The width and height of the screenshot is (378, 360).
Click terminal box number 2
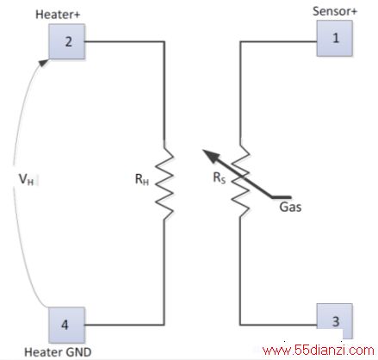click(x=67, y=41)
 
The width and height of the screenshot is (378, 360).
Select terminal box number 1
click(x=335, y=38)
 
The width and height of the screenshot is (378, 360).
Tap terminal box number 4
click(x=67, y=325)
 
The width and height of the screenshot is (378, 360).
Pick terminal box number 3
click(x=335, y=321)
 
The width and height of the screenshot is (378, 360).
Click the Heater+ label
click(x=58, y=15)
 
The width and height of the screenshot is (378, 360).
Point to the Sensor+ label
click(x=335, y=11)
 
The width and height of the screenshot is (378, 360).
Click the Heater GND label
click(x=58, y=352)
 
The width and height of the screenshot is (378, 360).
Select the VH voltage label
click(x=26, y=179)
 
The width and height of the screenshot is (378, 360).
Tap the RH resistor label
click(x=142, y=179)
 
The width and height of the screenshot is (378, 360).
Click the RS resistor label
click(x=220, y=177)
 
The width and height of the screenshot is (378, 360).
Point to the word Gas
click(x=290, y=207)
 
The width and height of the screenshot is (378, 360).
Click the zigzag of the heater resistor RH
click(x=164, y=180)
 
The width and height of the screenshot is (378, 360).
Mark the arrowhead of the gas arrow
click(x=210, y=156)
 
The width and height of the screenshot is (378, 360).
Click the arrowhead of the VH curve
click(x=44, y=62)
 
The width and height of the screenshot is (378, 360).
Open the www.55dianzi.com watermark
click(x=319, y=351)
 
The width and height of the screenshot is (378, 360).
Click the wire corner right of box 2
click(x=164, y=42)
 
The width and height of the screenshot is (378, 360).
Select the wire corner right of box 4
click(x=164, y=325)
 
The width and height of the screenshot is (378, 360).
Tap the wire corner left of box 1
click(x=240, y=42)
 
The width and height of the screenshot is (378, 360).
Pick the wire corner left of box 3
click(x=240, y=325)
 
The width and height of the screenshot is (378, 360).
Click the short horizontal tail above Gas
click(x=282, y=197)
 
